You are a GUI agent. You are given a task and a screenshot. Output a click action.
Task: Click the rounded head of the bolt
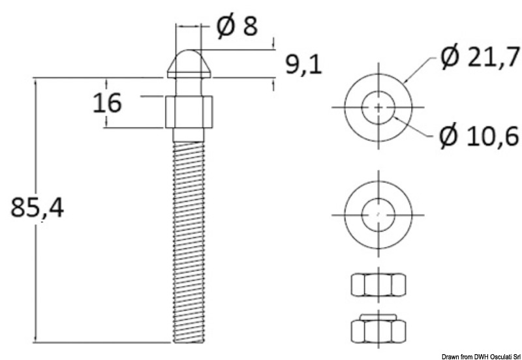point(190,63)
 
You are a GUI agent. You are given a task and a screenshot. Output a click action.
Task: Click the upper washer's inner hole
point(379,106)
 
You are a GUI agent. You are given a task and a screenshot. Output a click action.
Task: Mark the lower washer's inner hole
point(379,213)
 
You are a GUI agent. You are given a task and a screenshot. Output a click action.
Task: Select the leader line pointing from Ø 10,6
point(418,130)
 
